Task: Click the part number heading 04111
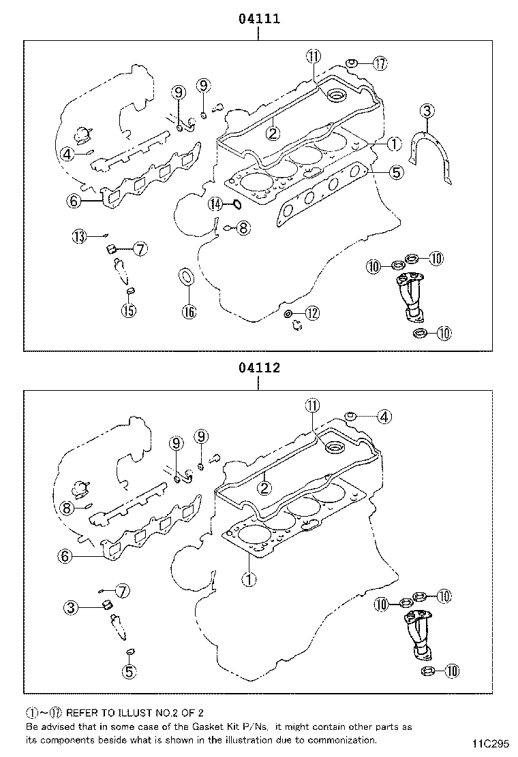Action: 259,19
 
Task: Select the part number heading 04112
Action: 259,368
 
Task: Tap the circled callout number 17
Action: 380,64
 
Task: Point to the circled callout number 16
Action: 189,312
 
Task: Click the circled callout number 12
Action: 311,313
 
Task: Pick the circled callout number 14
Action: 215,204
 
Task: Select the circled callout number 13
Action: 80,236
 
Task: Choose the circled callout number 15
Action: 129,311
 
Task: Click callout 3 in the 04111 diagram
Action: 427,111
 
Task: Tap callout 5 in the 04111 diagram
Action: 396,173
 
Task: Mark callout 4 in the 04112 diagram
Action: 384,417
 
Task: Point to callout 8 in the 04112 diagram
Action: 66,508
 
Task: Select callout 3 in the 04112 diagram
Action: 72,607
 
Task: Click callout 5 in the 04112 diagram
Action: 129,671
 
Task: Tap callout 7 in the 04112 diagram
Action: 123,591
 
